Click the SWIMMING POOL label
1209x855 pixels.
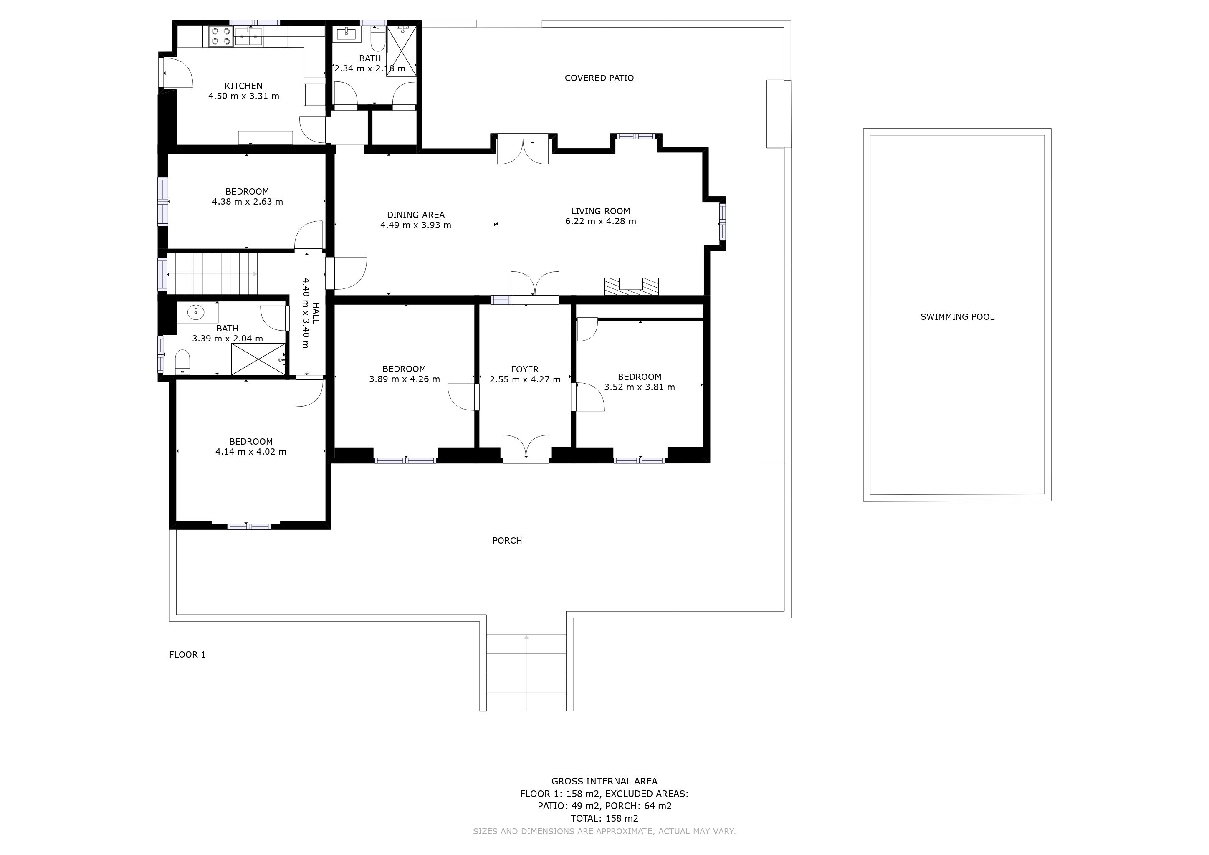coord(957,317)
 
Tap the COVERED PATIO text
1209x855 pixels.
coord(599,78)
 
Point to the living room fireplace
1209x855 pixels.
coord(631,286)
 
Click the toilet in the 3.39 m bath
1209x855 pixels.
coord(182,361)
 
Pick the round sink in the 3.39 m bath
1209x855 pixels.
coord(196,312)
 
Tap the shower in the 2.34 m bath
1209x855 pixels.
coord(401,51)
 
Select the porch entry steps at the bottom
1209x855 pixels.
coord(526,672)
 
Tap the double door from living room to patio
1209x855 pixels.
coord(524,150)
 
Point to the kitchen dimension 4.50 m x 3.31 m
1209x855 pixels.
coord(244,96)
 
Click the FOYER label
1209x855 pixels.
coord(525,369)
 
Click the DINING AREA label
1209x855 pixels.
coord(416,215)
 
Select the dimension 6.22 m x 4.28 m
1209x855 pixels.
coord(601,222)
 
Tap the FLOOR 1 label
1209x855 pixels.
coord(187,655)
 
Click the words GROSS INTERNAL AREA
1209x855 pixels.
coord(604,781)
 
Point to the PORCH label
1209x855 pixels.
coord(507,541)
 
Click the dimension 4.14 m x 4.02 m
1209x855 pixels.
coord(251,452)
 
